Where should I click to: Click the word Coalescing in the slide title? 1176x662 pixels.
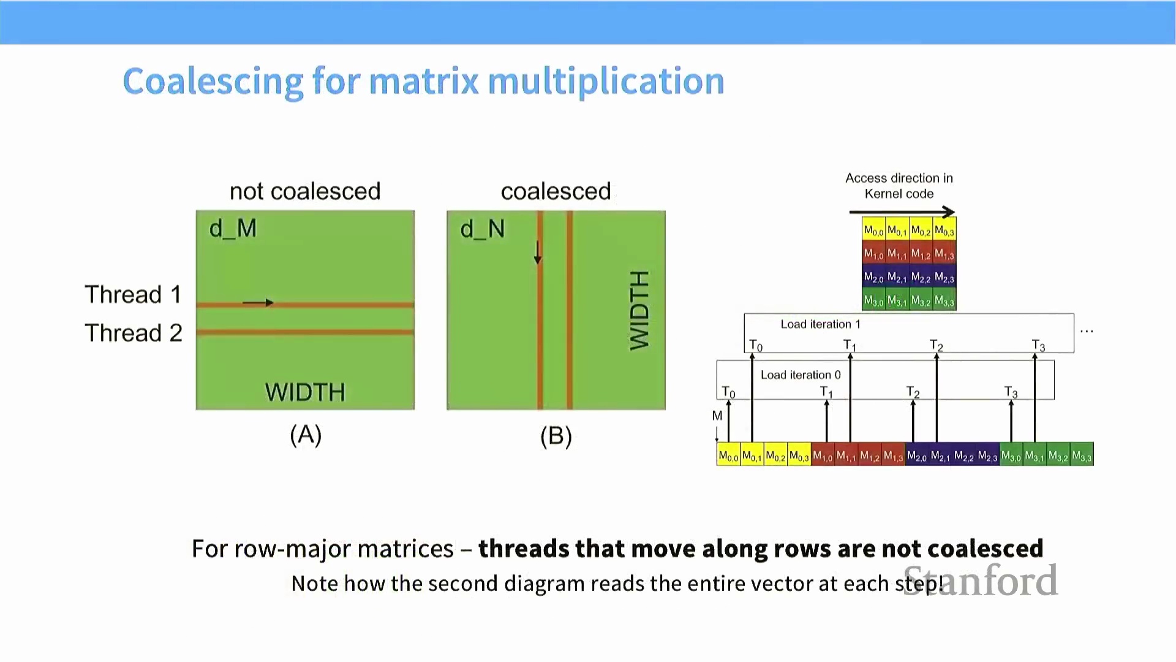pyautogui.click(x=213, y=82)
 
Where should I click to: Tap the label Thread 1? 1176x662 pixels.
pyautogui.click(x=133, y=295)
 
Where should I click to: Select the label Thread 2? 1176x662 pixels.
pyautogui.click(x=133, y=333)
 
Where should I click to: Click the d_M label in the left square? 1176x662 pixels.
pyautogui.click(x=233, y=229)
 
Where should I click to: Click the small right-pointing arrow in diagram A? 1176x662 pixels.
pyautogui.click(x=258, y=302)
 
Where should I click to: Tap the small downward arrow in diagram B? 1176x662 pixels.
pyautogui.click(x=538, y=252)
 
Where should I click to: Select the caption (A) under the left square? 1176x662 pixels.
pyautogui.click(x=306, y=435)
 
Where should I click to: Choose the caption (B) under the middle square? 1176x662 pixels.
pyautogui.click(x=556, y=436)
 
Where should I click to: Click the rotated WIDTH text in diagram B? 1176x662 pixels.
pyautogui.click(x=639, y=310)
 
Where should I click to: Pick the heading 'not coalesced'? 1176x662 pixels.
pyautogui.click(x=305, y=191)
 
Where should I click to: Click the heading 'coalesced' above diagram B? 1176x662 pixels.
pyautogui.click(x=556, y=191)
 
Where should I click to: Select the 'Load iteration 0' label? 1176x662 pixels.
pyautogui.click(x=801, y=375)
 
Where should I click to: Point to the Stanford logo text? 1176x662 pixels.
pyautogui.click(x=980, y=580)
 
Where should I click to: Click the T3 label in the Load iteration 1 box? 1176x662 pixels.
pyautogui.click(x=1038, y=346)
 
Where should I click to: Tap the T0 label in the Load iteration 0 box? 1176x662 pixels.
pyautogui.click(x=728, y=392)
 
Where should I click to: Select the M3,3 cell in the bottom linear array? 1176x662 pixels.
pyautogui.click(x=1082, y=455)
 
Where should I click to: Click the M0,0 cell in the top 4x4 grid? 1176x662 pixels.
pyautogui.click(x=873, y=231)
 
